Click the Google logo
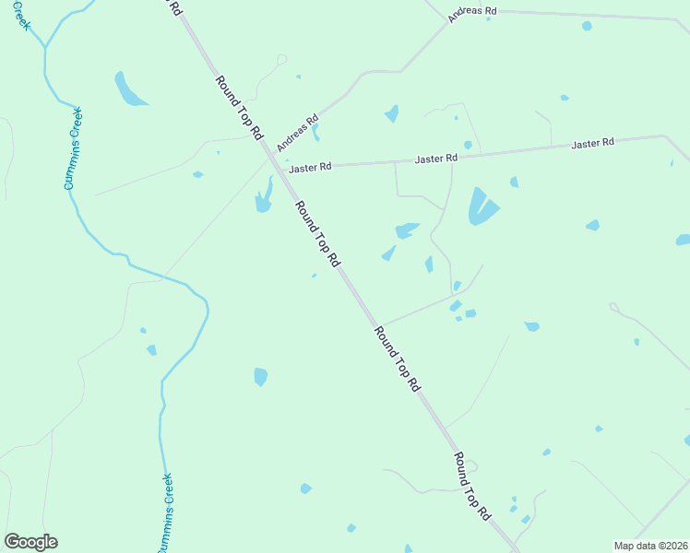pyautogui.click(x=30, y=542)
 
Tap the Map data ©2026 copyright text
pyautogui.click(x=650, y=545)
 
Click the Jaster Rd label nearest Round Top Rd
pyautogui.click(x=310, y=169)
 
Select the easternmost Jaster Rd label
pyautogui.click(x=592, y=144)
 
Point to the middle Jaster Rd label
pyautogui.click(x=436, y=159)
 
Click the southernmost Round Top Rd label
pyautogui.click(x=471, y=487)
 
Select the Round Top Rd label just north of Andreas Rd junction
pyautogui.click(x=239, y=107)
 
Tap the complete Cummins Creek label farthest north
pyautogui.click(x=74, y=148)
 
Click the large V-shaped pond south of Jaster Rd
pyautogui.click(x=481, y=207)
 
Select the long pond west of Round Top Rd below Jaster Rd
pyautogui.click(x=265, y=195)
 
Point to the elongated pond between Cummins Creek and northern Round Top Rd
pyautogui.click(x=128, y=89)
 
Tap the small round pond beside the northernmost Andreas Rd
pyautogui.click(x=587, y=26)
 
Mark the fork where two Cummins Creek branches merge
pyautogui.click(x=44, y=47)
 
